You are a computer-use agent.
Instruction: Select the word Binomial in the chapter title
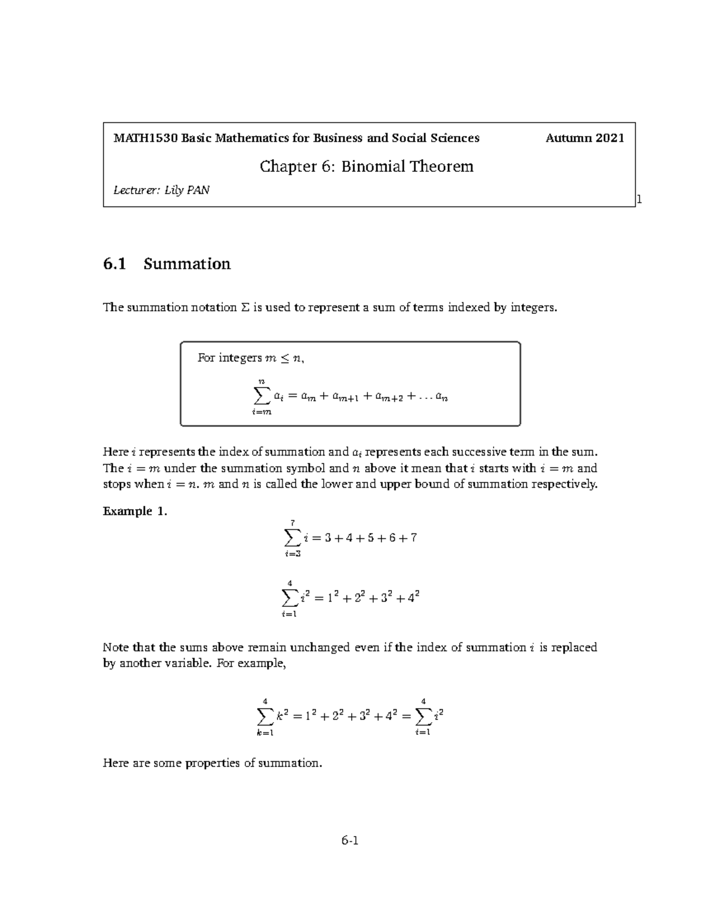373,167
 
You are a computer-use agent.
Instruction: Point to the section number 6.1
114,264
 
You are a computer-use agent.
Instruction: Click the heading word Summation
187,264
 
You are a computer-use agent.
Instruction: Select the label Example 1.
135,512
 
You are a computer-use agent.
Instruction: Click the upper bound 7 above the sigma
291,523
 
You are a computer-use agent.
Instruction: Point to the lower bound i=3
291,554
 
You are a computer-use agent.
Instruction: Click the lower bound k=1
265,733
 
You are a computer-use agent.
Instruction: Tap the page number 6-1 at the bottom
350,841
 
